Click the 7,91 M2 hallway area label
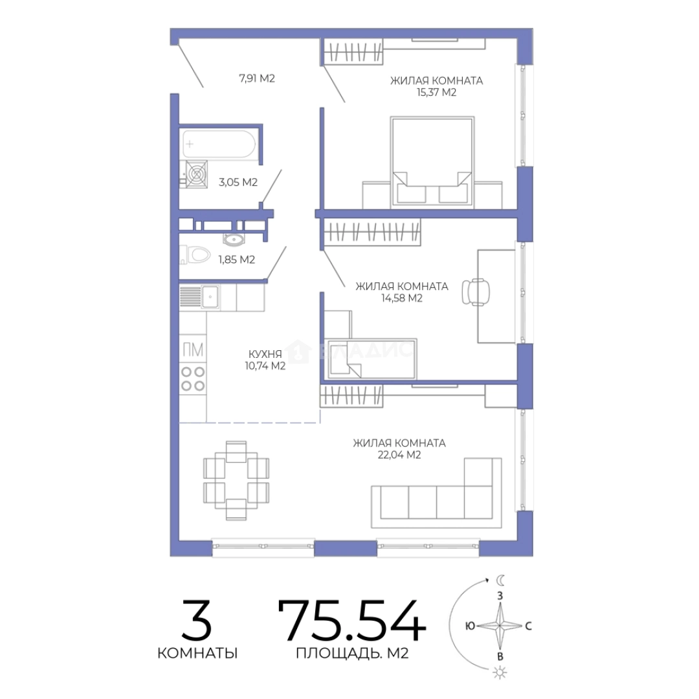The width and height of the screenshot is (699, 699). [x=257, y=78]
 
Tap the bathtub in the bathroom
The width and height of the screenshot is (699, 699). [x=219, y=144]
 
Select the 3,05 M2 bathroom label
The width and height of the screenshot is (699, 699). [x=238, y=182]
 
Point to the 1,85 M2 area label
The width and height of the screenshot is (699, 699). [x=236, y=260]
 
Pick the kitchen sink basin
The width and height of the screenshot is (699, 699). [x=210, y=296]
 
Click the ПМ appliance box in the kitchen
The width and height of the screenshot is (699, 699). [x=193, y=349]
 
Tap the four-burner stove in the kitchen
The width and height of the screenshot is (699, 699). [x=193, y=379]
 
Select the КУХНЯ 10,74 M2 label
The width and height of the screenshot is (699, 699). [x=265, y=360]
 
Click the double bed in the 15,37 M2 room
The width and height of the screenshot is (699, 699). [x=432, y=162]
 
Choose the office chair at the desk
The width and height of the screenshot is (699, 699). [x=475, y=292]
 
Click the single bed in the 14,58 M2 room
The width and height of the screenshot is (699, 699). [x=370, y=359]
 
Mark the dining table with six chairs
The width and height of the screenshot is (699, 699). [x=236, y=480]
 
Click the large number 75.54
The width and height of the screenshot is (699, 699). [x=351, y=620]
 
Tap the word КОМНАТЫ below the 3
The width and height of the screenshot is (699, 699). [x=197, y=653]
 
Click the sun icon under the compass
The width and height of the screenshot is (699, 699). [x=500, y=672]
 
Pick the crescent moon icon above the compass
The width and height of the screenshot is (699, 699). [x=500, y=580]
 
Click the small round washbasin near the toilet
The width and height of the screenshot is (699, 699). [x=234, y=240]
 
